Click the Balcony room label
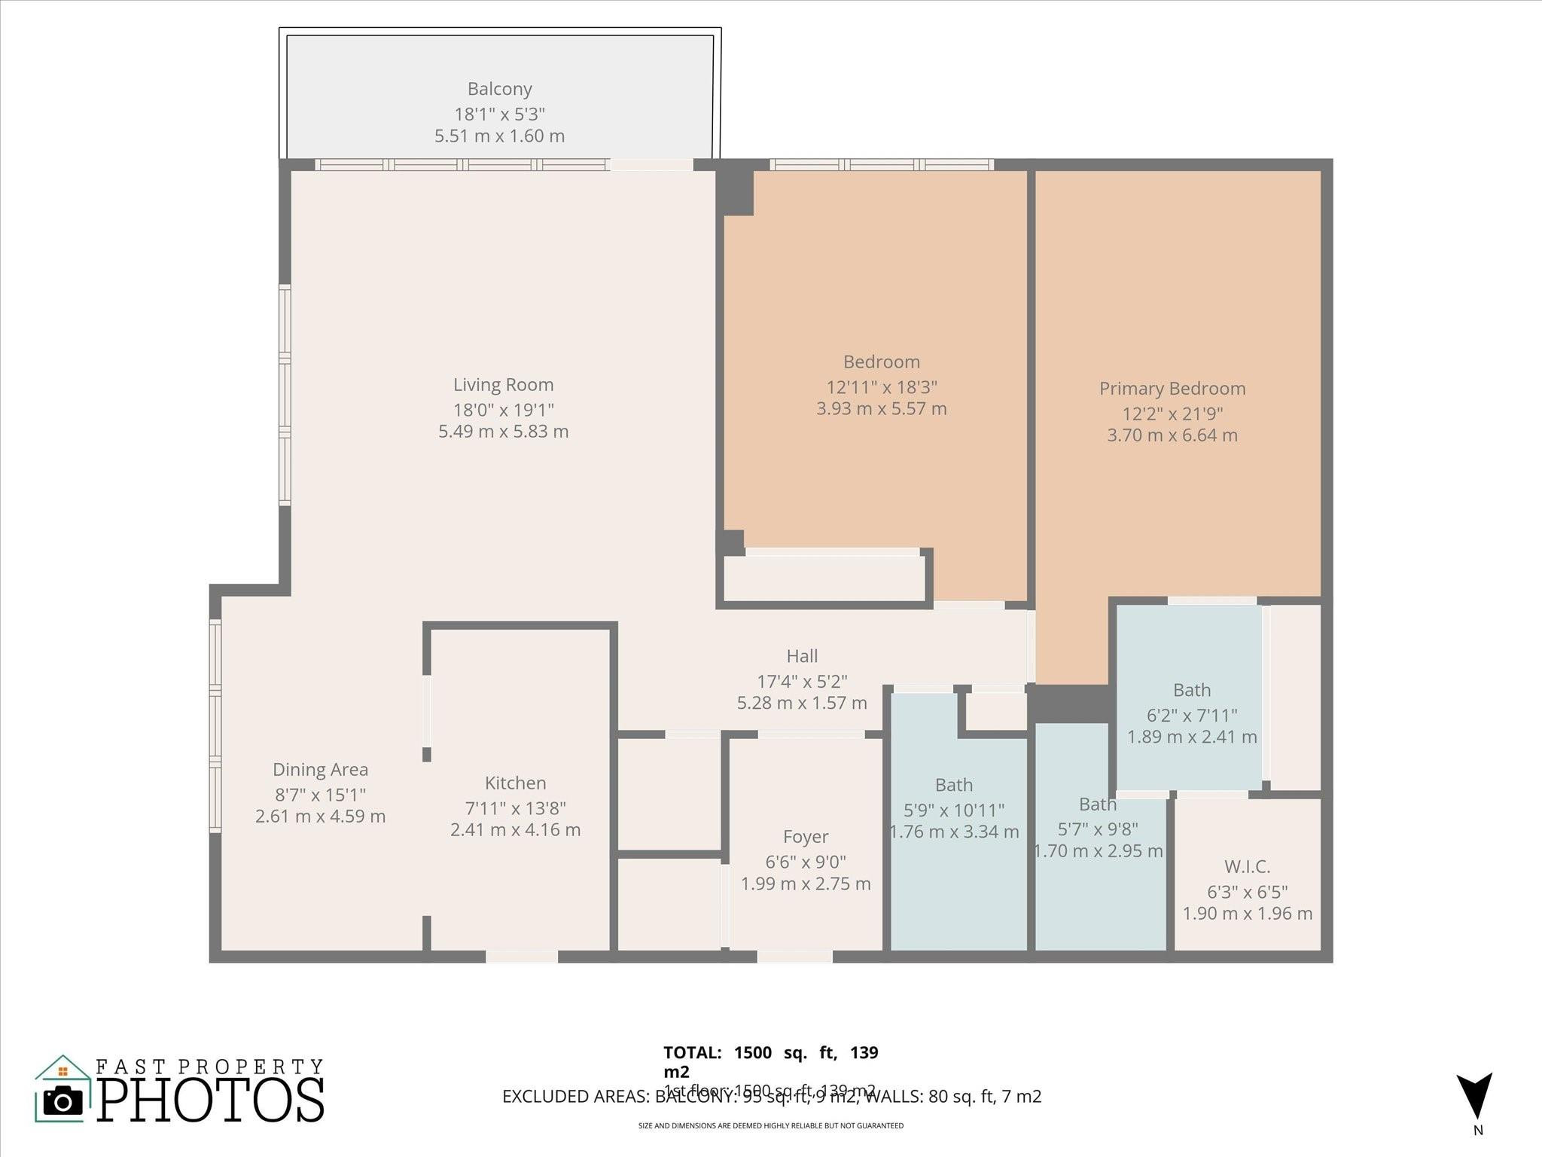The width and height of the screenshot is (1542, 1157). click(x=499, y=89)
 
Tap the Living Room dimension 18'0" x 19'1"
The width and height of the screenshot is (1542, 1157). click(x=503, y=410)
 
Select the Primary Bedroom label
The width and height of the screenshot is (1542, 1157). click(x=1172, y=389)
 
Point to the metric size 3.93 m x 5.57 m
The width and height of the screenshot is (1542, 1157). click(x=882, y=409)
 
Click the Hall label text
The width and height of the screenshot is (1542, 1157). click(x=802, y=656)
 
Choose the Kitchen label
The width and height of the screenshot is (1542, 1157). click(x=515, y=783)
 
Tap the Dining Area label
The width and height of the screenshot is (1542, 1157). click(x=320, y=770)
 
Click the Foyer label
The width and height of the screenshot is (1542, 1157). click(x=806, y=837)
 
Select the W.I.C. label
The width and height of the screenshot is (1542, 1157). click(x=1247, y=867)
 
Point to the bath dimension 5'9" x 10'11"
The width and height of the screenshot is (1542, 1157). click(x=954, y=811)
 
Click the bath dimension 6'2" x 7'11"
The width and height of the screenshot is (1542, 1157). click(x=1192, y=715)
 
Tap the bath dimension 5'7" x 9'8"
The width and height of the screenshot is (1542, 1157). click(x=1098, y=829)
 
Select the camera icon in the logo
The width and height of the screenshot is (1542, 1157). click(x=63, y=1102)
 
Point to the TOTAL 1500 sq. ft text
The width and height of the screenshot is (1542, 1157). click(x=770, y=1053)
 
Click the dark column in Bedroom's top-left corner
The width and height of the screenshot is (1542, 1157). click(x=735, y=191)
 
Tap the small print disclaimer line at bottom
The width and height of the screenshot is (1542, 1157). click(x=770, y=1126)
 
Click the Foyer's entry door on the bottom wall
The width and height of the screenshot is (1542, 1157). click(x=794, y=957)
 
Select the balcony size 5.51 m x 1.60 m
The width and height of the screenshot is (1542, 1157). click(x=499, y=136)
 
